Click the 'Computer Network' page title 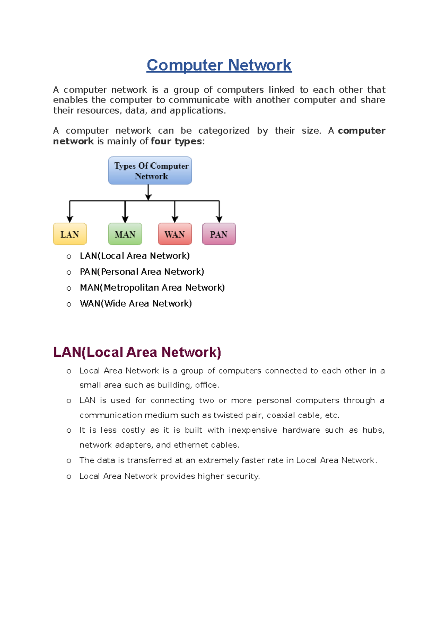(219, 65)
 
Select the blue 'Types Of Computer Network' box (150, 171)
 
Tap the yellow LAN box (70, 234)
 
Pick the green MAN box (125, 234)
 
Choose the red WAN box (175, 234)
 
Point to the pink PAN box (219, 234)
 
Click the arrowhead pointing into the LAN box (70, 219)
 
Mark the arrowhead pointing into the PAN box (219, 219)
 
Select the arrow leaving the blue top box (148, 192)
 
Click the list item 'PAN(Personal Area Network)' (142, 272)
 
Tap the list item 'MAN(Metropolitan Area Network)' (152, 288)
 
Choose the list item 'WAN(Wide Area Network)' (136, 303)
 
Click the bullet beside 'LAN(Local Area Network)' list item (69, 257)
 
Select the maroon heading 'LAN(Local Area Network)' (137, 352)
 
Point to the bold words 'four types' (176, 141)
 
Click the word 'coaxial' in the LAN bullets (280, 415)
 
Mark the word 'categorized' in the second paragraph (224, 131)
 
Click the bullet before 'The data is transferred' (69, 461)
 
